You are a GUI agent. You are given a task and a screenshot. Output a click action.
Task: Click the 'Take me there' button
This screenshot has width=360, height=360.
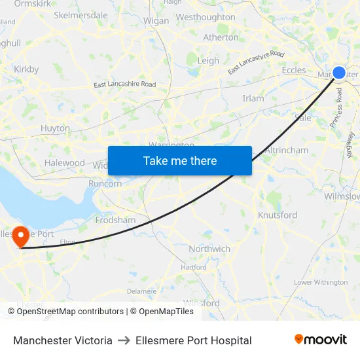tap(180, 160)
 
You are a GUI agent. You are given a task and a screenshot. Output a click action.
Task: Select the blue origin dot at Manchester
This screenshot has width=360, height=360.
tap(339, 73)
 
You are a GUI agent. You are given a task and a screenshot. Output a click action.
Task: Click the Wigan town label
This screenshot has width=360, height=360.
tap(156, 21)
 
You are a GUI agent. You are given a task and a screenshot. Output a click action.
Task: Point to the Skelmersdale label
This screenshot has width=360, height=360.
tap(81, 15)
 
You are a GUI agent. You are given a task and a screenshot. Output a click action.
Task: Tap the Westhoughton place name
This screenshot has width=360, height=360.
tap(206, 17)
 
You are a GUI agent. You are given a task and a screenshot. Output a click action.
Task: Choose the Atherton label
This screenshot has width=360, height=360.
tap(221, 37)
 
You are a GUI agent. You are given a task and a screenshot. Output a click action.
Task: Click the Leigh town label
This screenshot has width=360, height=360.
tap(208, 61)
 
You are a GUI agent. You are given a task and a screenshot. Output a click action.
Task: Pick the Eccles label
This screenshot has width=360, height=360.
tap(294, 70)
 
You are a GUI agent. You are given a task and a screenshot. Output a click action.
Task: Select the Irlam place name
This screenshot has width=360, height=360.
tap(253, 99)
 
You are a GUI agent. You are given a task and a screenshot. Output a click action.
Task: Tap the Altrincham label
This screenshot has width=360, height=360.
tap(287, 151)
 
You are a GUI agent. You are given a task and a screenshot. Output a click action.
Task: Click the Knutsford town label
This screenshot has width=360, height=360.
tap(278, 215)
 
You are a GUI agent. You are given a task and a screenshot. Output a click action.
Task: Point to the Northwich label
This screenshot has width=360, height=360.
tap(209, 249)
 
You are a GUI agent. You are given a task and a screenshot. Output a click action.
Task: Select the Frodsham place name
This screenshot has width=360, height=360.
tap(115, 221)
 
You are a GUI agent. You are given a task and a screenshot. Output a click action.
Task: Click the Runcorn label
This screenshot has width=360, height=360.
tap(105, 184)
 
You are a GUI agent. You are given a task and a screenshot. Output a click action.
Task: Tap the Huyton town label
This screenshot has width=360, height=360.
tap(55, 129)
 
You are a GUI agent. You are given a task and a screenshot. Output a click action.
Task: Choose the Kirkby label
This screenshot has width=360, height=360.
tap(26, 69)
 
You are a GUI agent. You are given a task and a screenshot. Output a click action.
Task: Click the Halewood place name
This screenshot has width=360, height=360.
tap(65, 163)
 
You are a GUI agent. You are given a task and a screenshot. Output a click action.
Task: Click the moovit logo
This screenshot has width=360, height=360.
tap(320, 340)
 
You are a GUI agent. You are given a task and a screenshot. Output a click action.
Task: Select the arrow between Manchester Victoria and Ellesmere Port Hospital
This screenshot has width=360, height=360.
tap(124, 340)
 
